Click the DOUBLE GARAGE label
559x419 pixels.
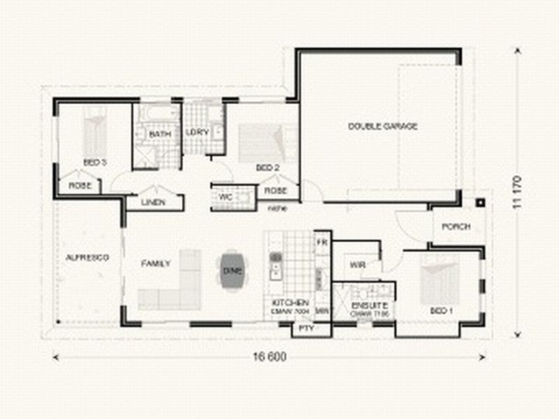pos(382,126)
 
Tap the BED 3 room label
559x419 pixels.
pos(94,162)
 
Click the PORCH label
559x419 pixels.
pos(456,227)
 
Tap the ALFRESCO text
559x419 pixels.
pos(87,258)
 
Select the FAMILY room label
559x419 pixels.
pos(156,264)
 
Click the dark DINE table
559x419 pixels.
pos(232,270)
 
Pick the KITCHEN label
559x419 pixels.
pos(285,302)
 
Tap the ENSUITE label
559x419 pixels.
pos(364,305)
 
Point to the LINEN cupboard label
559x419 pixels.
pos(154,203)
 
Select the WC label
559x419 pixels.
pos(225,197)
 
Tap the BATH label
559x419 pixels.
pos(160,133)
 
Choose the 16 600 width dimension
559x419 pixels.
pos(270,358)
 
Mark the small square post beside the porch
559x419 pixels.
pos(480,204)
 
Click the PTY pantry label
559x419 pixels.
pos(305,328)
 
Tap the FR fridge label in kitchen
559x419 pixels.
pos(321,242)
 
